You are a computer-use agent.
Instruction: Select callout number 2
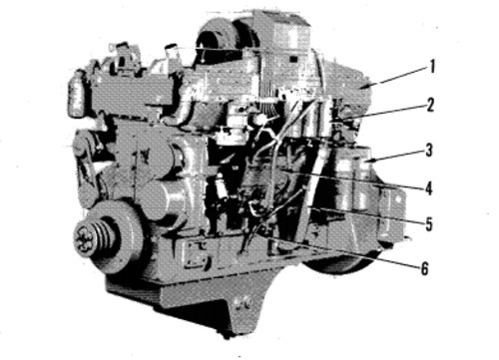pos(431,104)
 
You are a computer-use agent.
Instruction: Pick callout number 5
pos(429,223)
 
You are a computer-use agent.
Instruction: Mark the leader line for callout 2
pos(384,113)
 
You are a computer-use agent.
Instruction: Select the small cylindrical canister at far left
pos(74,94)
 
